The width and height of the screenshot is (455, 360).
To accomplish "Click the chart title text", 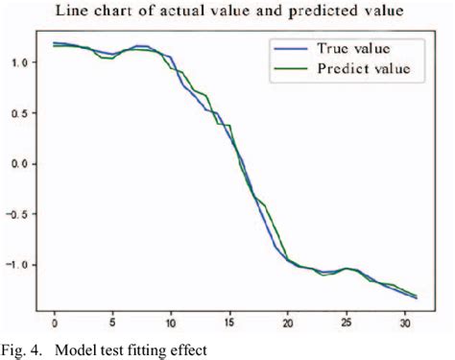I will click(227, 12).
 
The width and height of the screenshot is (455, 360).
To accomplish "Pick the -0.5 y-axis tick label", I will click(19, 214).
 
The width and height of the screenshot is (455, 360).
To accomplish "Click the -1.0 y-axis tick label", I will click(19, 265).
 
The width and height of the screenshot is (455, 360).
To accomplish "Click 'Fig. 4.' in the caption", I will click(20, 348).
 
